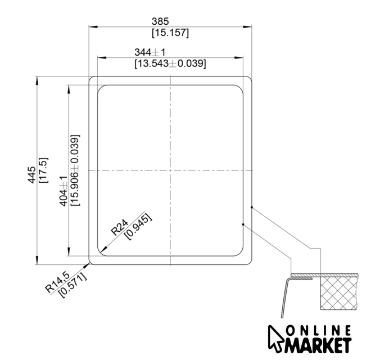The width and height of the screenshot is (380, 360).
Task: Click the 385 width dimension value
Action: click(x=160, y=21)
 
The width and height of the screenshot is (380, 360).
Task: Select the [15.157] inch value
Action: click(x=170, y=33)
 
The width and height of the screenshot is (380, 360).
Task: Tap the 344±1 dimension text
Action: click(x=150, y=52)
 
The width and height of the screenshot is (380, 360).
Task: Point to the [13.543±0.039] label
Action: click(x=170, y=64)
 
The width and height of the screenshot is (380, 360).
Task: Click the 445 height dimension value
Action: click(x=31, y=175)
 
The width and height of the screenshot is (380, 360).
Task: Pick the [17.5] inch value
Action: click(x=44, y=170)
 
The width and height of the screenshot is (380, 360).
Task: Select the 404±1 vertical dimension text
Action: click(x=64, y=191)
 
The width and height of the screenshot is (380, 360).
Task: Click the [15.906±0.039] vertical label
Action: click(x=75, y=170)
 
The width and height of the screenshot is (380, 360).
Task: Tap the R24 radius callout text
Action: click(x=119, y=228)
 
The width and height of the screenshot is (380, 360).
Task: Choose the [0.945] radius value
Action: click(x=138, y=227)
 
